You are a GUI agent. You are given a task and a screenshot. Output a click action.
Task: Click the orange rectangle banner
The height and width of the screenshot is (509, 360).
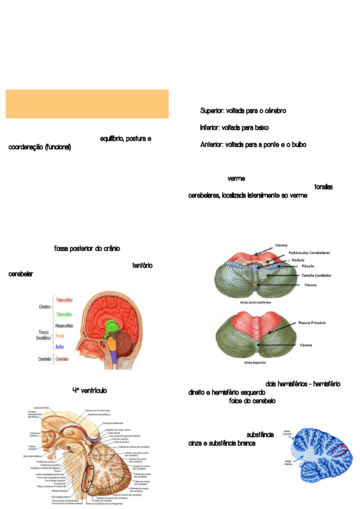pyautogui.click(x=87, y=104)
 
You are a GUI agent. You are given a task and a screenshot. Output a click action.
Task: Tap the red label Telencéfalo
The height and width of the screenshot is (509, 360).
pyautogui.click(x=64, y=300)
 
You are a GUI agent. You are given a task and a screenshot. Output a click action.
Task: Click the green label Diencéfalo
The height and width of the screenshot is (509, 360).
pyautogui.click(x=64, y=314)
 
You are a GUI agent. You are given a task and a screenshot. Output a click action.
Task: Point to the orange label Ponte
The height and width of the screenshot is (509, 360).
pyautogui.click(x=60, y=336)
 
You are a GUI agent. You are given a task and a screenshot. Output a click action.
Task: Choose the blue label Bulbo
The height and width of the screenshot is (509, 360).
pyautogui.click(x=60, y=347)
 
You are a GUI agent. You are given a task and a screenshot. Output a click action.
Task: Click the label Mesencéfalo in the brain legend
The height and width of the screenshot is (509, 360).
pyautogui.click(x=64, y=326)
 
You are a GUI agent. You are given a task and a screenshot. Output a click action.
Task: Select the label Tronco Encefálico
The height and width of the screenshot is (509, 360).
pyautogui.click(x=44, y=335)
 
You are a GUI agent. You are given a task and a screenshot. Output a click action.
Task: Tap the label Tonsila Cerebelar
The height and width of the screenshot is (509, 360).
pyautogui.click(x=316, y=275)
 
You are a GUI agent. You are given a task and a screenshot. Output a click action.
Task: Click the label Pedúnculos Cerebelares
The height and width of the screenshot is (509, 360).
pyautogui.click(x=309, y=253)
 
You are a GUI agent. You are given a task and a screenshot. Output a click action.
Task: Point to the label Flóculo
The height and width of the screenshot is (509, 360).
pyautogui.click(x=308, y=266)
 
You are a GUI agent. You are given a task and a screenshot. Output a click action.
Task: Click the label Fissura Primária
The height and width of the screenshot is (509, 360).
pyautogui.click(x=312, y=323)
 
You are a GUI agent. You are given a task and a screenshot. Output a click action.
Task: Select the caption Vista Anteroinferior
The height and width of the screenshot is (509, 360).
pyautogui.click(x=255, y=302)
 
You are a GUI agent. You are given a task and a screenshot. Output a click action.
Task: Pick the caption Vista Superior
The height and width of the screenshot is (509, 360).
pyautogui.click(x=255, y=362)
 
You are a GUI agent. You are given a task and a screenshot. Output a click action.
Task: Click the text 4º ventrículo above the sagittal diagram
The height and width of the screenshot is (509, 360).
pyautogui.click(x=89, y=391)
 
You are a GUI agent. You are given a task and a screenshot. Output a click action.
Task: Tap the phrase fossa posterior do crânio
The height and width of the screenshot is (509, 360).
pyautogui.click(x=87, y=248)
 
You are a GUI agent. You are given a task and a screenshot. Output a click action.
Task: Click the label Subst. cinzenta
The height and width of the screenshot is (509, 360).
pyautogui.click(x=287, y=433)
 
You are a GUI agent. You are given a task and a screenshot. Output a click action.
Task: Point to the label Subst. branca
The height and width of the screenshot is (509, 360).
pyautogui.click(x=288, y=462)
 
